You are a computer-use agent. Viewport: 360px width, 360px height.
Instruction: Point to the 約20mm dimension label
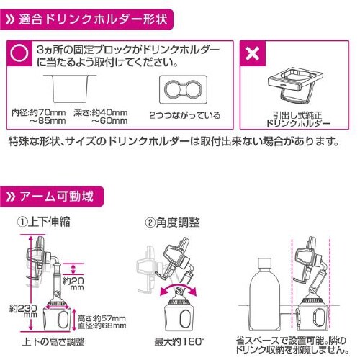pos(73,283)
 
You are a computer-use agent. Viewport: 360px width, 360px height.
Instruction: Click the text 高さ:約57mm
pos(98,317)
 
